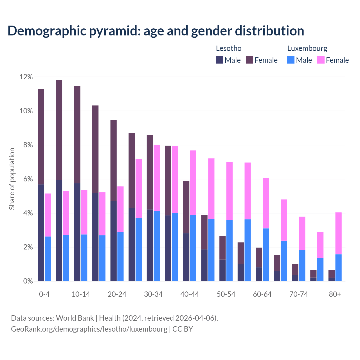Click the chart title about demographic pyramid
click(x=156, y=31)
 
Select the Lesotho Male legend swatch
click(x=219, y=60)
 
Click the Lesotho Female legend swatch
click(x=249, y=60)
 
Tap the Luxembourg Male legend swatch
click(x=291, y=60)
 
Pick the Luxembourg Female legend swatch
click(x=321, y=60)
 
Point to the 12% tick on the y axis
click(x=26, y=77)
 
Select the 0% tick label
click(x=28, y=281)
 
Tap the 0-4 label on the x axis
click(x=44, y=294)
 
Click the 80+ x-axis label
click(x=335, y=294)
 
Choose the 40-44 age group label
click(x=190, y=294)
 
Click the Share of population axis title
click(x=12, y=179)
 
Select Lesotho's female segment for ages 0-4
click(x=41, y=137)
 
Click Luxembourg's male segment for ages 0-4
click(x=48, y=259)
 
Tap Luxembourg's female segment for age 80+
click(x=338, y=233)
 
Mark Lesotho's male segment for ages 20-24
click(x=113, y=241)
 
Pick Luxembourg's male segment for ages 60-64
click(x=266, y=255)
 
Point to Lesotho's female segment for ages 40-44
click(x=186, y=207)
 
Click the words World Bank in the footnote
click(x=75, y=318)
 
